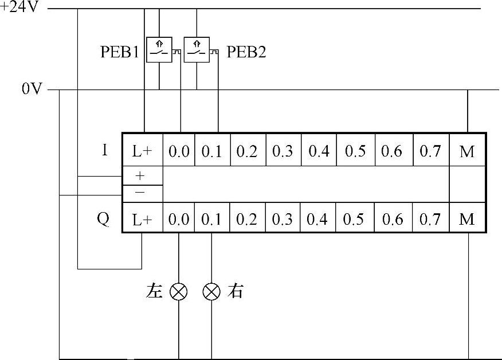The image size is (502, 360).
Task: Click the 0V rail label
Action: click(x=31, y=89)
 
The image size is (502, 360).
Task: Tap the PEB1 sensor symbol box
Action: click(x=159, y=49)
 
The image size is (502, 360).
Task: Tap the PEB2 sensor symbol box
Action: click(x=197, y=49)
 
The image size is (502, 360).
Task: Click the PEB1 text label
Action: click(x=120, y=52)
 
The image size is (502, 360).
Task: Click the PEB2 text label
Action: click(x=246, y=52)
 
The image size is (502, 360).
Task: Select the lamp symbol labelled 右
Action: click(x=212, y=292)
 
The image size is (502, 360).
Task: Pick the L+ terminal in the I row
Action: click(x=143, y=151)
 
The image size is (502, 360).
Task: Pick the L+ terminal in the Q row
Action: click(x=143, y=220)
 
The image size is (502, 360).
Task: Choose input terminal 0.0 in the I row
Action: click(x=179, y=151)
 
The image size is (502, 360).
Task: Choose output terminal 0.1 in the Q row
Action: click(x=211, y=220)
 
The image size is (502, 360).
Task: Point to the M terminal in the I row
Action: click(x=468, y=151)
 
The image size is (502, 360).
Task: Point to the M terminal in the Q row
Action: click(x=468, y=220)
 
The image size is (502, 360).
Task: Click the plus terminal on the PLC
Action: click(x=140, y=175)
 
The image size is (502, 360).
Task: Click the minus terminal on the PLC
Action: click(x=140, y=192)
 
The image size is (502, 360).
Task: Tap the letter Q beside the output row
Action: click(x=103, y=219)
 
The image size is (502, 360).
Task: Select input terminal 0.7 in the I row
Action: click(x=430, y=151)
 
